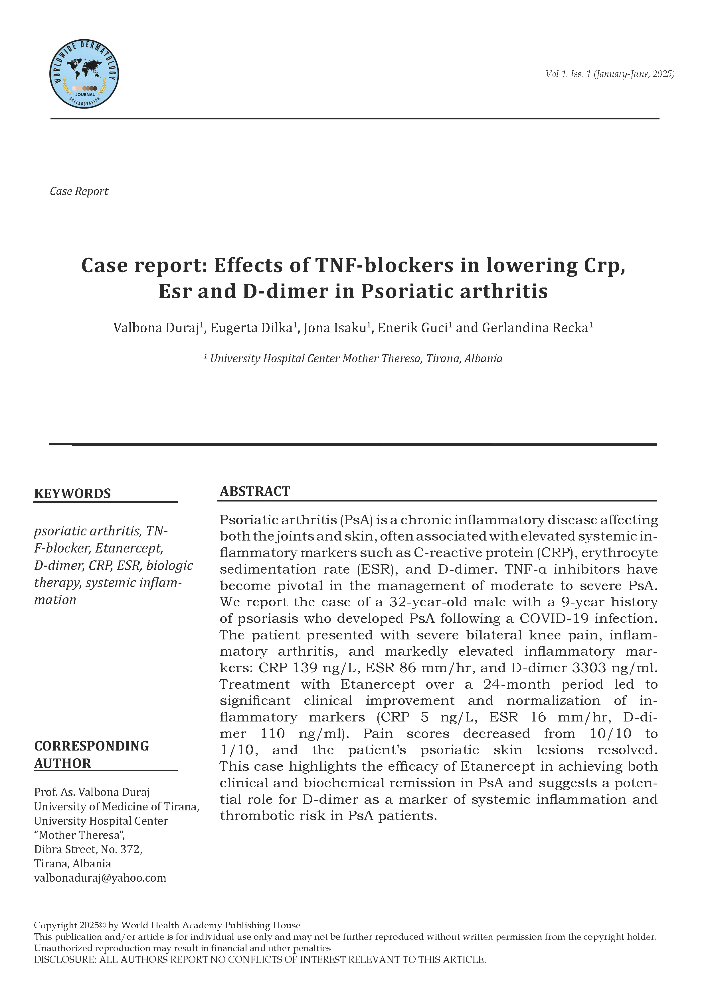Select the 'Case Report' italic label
[x=79, y=191]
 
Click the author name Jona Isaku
[x=334, y=328]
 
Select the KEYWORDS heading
[x=72, y=494]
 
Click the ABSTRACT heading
[x=255, y=492]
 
